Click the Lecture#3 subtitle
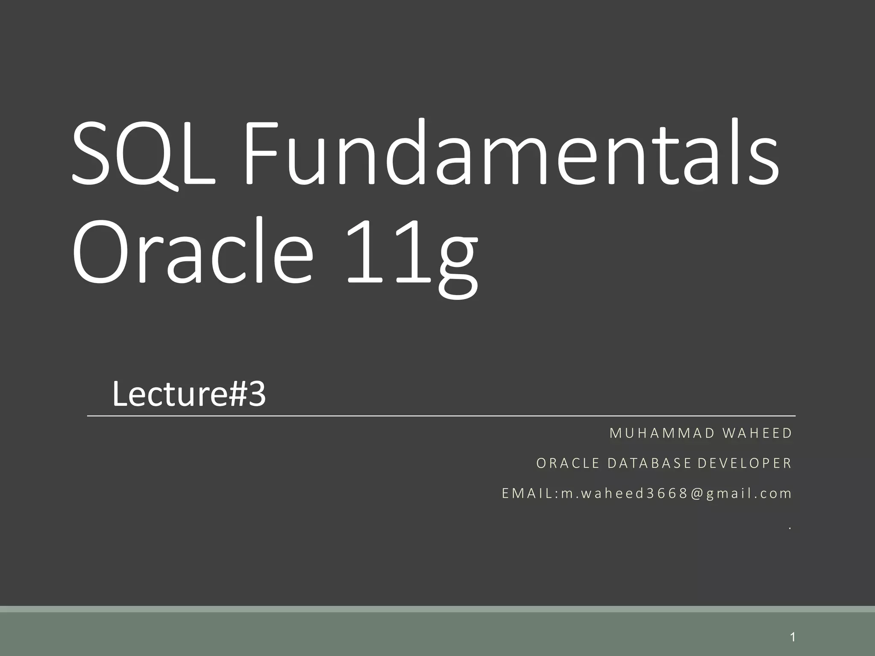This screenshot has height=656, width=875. (x=189, y=394)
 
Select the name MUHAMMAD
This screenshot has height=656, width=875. (x=662, y=433)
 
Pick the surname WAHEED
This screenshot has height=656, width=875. (x=757, y=433)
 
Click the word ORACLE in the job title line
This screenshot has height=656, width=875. (x=568, y=463)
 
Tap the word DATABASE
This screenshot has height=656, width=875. (x=649, y=463)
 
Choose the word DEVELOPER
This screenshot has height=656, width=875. (x=744, y=463)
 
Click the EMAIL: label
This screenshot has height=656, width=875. (x=530, y=493)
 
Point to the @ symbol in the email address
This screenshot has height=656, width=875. (x=696, y=494)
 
